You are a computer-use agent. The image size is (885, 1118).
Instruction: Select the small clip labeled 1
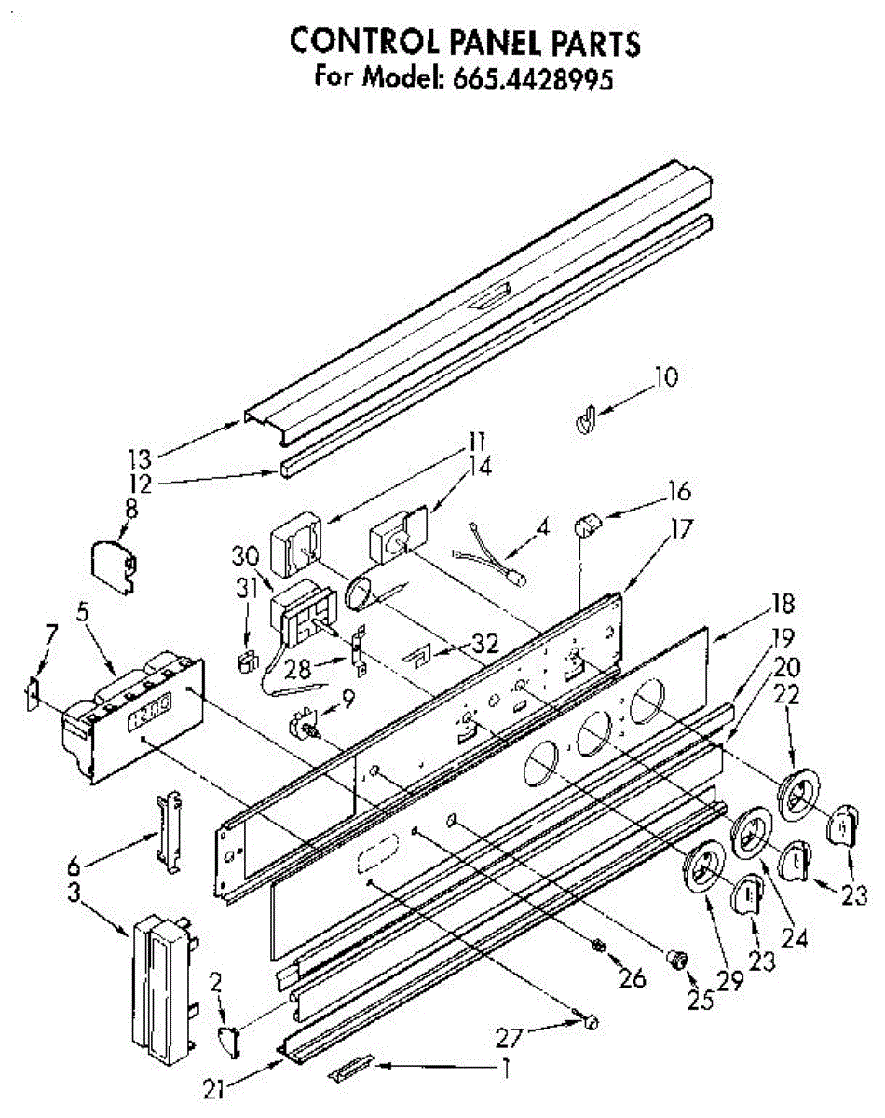(352, 1068)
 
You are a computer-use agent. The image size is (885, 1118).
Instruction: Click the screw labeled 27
(589, 1022)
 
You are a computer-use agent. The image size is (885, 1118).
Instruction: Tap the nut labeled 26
(599, 947)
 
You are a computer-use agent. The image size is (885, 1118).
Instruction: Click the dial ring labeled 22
(797, 794)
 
